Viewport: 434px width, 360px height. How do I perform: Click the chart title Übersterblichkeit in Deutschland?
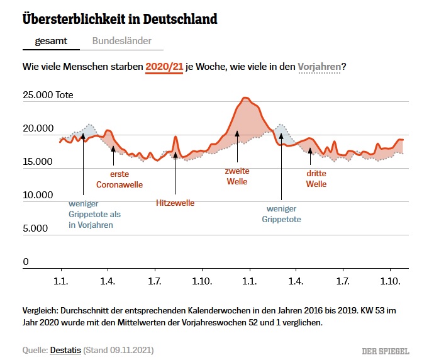120,19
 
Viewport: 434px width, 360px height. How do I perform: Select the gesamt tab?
51,41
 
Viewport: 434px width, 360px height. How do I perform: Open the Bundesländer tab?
121,41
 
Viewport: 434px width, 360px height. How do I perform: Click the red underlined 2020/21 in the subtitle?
164,66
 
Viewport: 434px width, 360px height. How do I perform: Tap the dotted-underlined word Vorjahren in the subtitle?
320,66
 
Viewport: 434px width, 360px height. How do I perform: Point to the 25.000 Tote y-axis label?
48,96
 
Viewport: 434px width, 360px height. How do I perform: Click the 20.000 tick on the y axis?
38,129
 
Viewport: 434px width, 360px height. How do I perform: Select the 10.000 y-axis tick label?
38,195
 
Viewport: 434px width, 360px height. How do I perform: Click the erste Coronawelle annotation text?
119,179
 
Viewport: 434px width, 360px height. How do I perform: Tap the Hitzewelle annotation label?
175,203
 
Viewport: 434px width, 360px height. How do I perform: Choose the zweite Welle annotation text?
236,176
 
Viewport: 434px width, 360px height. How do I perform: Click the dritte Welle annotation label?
316,179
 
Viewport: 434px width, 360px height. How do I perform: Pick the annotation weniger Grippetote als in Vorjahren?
94,214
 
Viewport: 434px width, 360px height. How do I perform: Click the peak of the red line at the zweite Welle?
245,98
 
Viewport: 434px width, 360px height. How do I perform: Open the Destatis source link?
65,349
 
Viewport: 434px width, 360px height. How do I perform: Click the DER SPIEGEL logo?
386,350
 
